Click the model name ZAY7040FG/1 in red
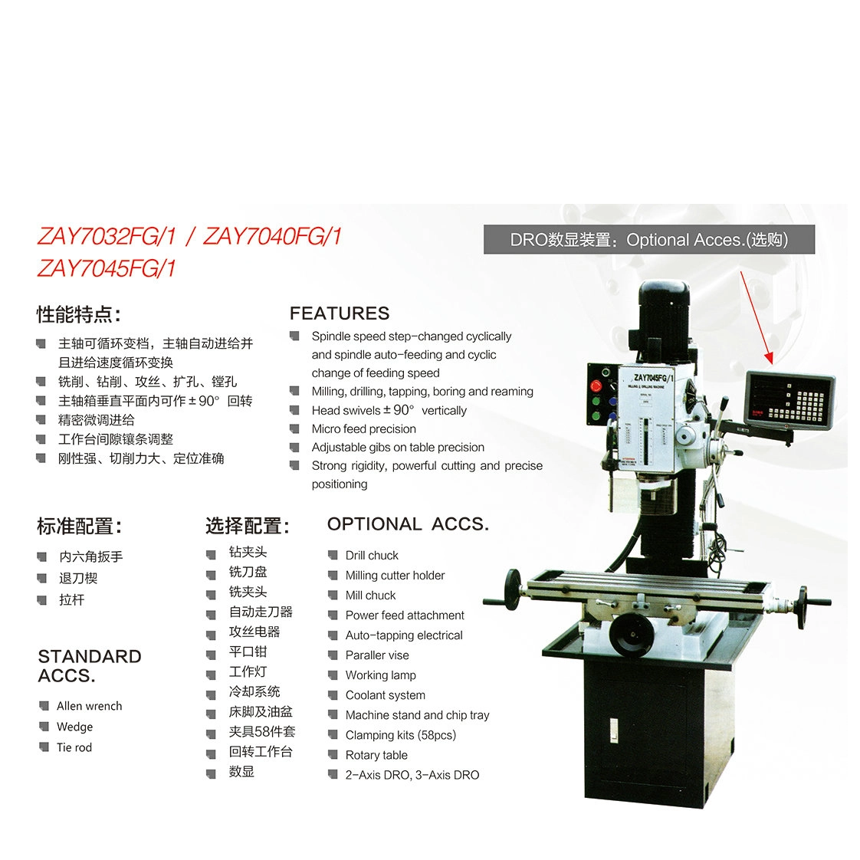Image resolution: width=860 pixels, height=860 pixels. (x=273, y=236)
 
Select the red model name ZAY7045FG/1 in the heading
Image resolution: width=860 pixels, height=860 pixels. (x=107, y=269)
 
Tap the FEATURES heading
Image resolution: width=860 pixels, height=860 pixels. (x=340, y=313)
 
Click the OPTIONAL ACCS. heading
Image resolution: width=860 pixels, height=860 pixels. (x=408, y=524)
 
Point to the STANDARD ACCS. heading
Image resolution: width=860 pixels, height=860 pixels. (x=90, y=666)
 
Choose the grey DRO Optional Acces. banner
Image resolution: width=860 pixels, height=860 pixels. (x=649, y=240)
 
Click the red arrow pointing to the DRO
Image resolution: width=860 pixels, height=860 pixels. (x=757, y=317)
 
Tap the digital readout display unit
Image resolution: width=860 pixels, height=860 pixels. (x=789, y=400)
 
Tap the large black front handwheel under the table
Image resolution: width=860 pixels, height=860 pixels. (x=631, y=635)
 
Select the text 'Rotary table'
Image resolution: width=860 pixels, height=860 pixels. (x=376, y=755)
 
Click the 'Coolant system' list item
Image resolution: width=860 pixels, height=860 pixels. (x=385, y=695)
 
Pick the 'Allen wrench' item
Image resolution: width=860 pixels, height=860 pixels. (x=90, y=706)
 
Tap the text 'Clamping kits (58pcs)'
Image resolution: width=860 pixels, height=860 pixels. (x=401, y=735)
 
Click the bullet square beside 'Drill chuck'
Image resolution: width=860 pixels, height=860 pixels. (x=333, y=555)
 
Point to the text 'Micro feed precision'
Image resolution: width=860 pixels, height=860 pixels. (x=363, y=429)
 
